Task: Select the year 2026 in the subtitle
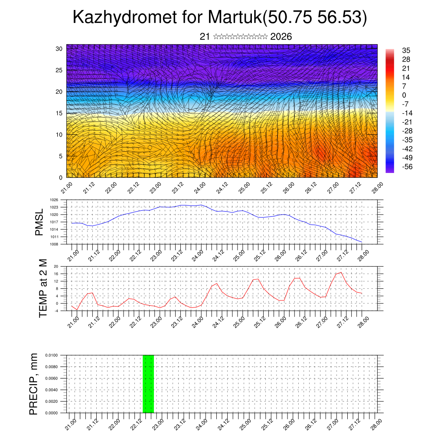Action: coord(281,37)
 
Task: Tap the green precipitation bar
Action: coord(148,384)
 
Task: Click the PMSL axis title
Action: coord(39,222)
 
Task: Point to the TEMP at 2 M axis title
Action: coord(43,288)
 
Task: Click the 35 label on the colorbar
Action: coord(406,50)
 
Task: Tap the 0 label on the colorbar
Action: coord(404,95)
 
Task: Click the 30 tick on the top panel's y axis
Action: coord(59,49)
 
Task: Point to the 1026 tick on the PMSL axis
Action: coord(54,200)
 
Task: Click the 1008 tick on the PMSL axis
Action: coord(54,244)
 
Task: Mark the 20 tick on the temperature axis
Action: coord(56,266)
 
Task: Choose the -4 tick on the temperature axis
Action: coord(56,310)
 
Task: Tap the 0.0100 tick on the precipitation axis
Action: coord(51,355)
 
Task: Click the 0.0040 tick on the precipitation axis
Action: coord(51,390)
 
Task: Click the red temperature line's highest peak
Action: coord(341,272)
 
